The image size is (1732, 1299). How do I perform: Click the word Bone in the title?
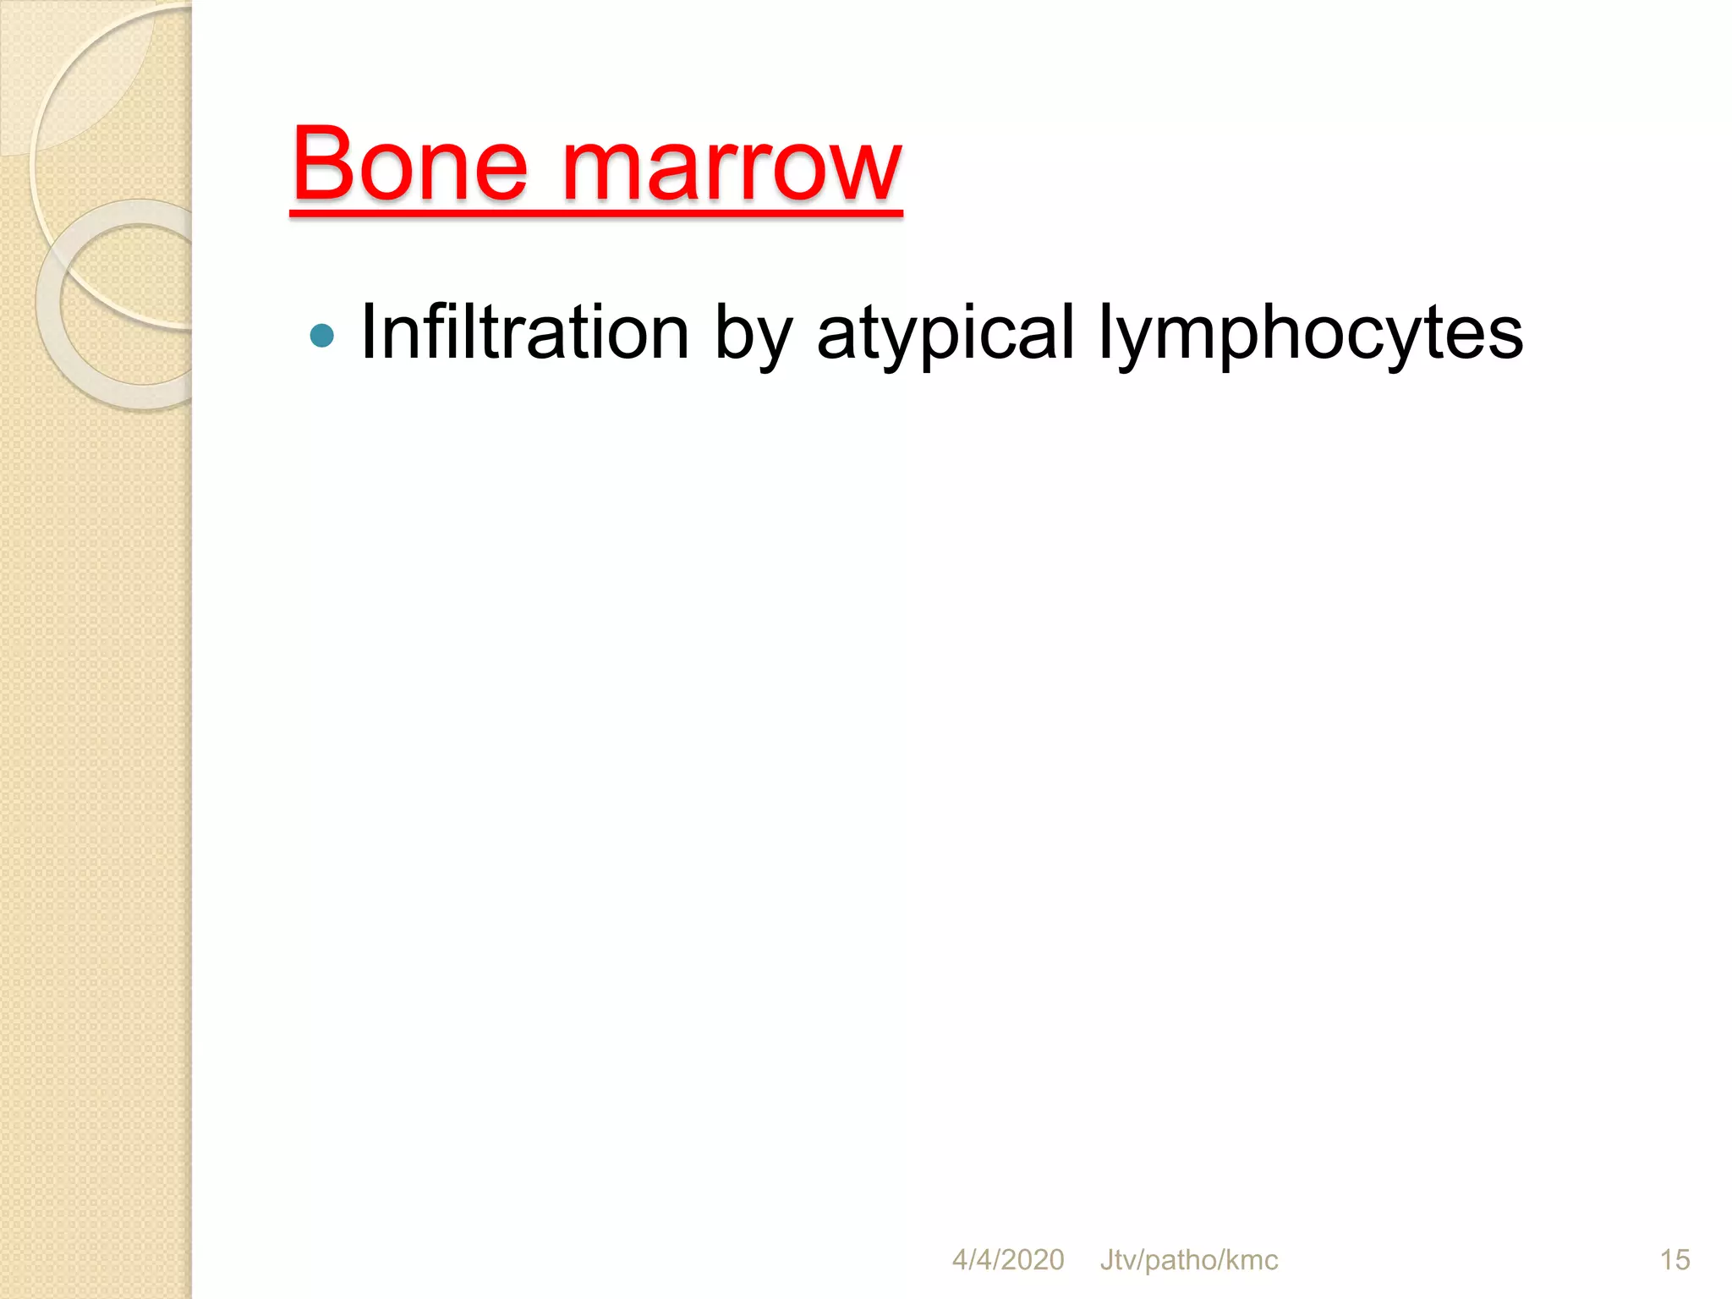coord(410,165)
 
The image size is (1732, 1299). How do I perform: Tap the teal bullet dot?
coord(322,336)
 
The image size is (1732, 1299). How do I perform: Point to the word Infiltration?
coord(524,332)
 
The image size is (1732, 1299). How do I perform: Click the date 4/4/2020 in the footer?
coord(1008,1260)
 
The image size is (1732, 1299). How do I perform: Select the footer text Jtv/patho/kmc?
coord(1188,1260)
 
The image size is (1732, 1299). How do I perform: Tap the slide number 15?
coord(1674,1260)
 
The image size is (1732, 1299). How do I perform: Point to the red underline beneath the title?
coord(596,212)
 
